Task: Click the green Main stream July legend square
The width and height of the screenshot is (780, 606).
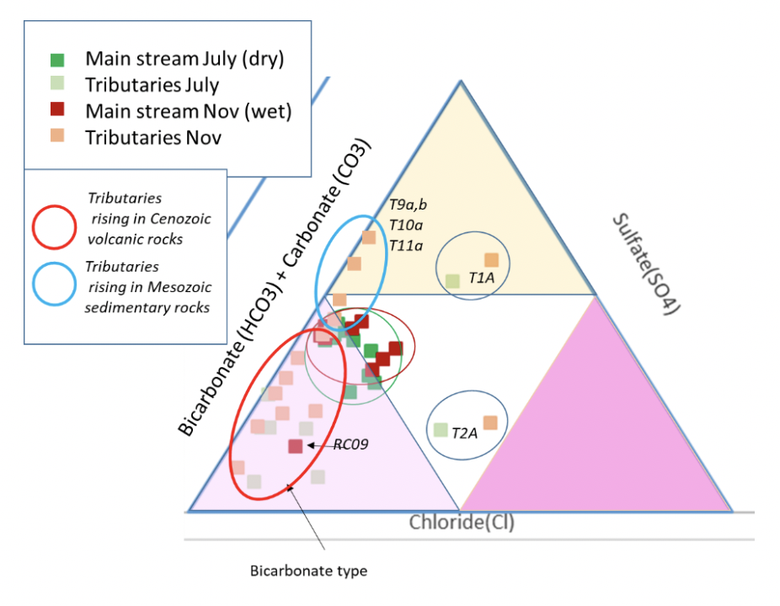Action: (x=56, y=60)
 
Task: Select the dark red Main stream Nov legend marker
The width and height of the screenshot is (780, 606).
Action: (x=56, y=109)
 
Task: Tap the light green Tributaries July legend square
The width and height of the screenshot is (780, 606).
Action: (x=56, y=83)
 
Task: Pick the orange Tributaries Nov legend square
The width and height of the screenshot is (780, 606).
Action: (x=56, y=136)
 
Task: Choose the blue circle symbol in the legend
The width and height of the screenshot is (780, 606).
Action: (x=56, y=287)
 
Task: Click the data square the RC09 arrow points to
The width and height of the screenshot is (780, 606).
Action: (x=295, y=446)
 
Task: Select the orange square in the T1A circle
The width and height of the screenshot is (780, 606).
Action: (x=491, y=260)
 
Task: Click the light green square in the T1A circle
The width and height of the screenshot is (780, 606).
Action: (x=452, y=280)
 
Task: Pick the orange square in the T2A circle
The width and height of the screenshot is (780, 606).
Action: (x=490, y=423)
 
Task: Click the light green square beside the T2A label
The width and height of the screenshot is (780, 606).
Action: (x=440, y=429)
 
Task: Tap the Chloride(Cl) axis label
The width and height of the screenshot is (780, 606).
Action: (x=462, y=523)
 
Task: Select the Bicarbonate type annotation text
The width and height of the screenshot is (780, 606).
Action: (x=308, y=571)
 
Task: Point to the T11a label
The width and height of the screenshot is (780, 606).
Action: (x=405, y=245)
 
